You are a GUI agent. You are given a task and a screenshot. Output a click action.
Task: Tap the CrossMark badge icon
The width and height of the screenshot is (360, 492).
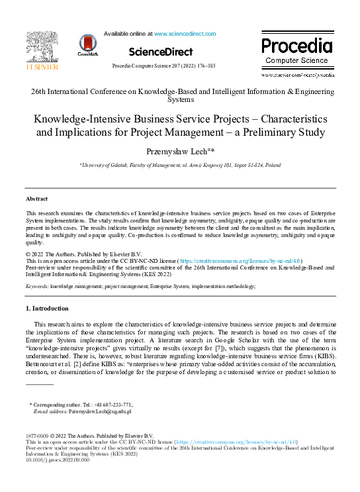point(87,44)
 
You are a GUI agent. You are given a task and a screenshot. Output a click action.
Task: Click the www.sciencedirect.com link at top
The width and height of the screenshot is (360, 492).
point(185,33)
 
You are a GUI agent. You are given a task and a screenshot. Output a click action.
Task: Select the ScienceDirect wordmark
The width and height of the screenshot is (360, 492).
point(161,52)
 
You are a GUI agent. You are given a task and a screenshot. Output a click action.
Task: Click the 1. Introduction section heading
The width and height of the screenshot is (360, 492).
point(46,309)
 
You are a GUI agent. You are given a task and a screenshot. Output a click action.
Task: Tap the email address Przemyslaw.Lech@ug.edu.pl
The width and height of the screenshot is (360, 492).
point(95,411)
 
